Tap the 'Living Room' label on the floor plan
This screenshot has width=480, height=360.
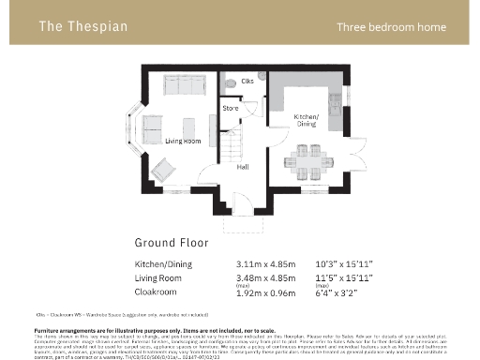pyautogui.click(x=184, y=141)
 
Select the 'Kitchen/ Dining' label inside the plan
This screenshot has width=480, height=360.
pyautogui.click(x=307, y=119)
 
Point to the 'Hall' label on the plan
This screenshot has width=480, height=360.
pyautogui.click(x=242, y=166)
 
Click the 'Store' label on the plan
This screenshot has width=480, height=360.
pyautogui.click(x=231, y=109)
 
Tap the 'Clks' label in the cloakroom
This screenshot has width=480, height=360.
pyautogui.click(x=247, y=82)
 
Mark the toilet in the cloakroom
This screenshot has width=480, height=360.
pyautogui.click(x=228, y=83)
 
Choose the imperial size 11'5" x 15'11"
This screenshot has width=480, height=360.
pyautogui.click(x=344, y=279)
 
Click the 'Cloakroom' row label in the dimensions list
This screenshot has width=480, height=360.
pyautogui.click(x=157, y=292)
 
